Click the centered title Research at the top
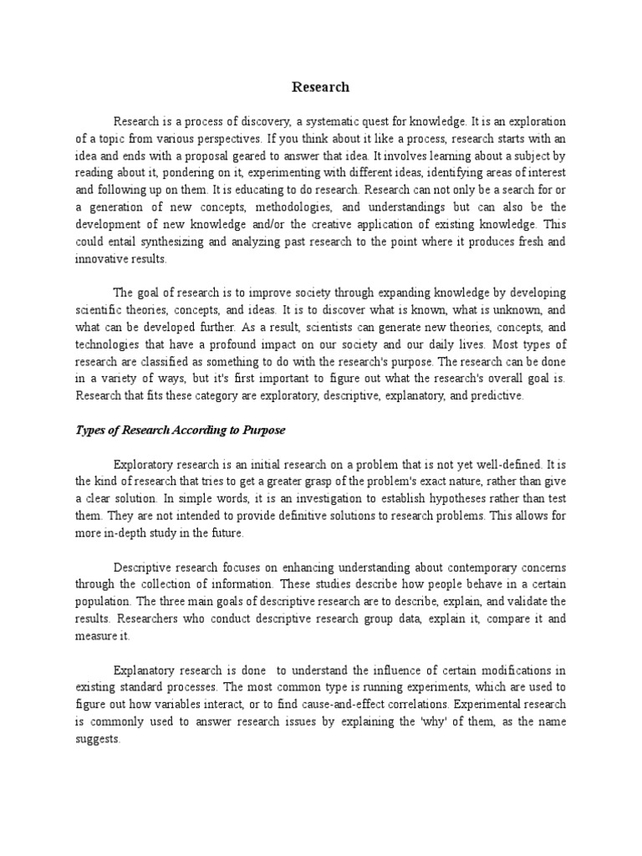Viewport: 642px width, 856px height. tap(320, 87)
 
